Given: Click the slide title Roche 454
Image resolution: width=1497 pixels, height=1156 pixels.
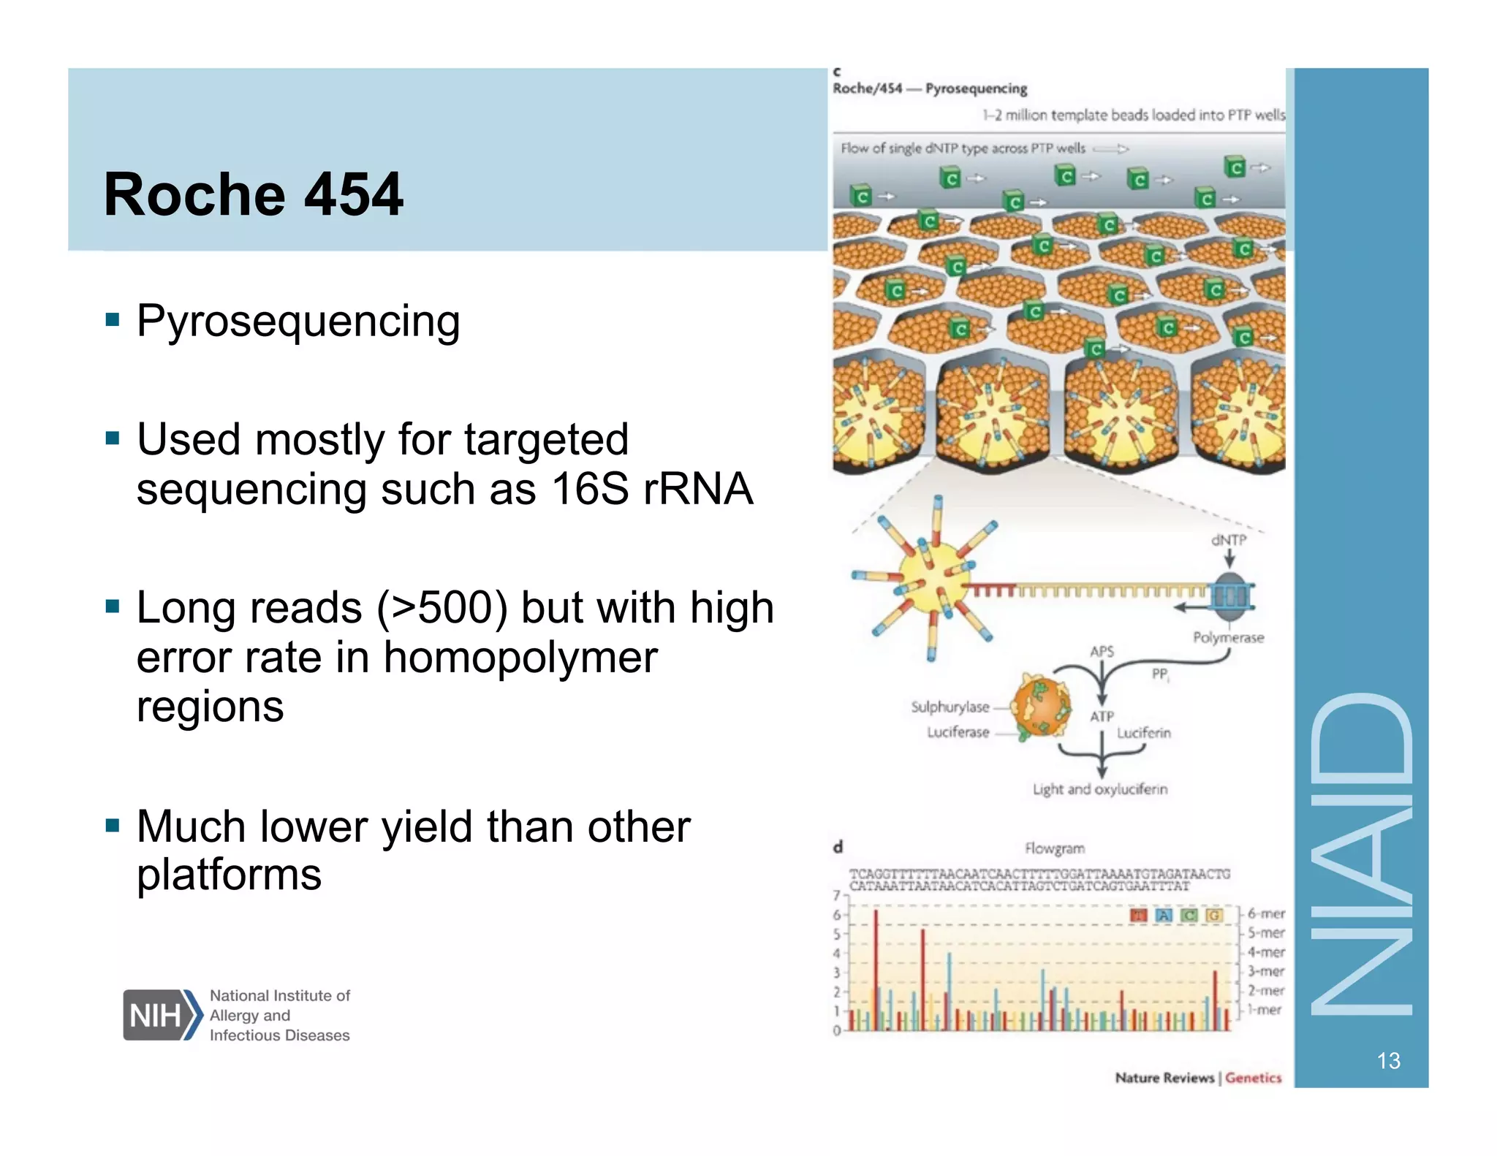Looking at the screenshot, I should point(253,194).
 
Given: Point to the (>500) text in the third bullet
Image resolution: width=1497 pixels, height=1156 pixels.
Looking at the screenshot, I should point(441,608).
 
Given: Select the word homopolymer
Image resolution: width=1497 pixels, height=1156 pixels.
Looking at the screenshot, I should point(520,657).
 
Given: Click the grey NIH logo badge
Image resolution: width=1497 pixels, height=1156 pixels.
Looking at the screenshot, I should point(156,1015).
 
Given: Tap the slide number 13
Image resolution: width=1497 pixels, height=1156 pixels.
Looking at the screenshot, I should point(1388,1060).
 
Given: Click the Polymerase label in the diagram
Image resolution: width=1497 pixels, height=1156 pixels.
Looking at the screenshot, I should point(1228,637).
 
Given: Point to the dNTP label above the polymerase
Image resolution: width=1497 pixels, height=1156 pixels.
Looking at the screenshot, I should point(1228,540).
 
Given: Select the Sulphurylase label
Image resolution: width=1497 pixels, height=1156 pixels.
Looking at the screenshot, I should point(950,707).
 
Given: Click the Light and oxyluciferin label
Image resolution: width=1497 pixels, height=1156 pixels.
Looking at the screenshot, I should point(1099,789).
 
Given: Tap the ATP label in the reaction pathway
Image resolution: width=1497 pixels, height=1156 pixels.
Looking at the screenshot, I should point(1102,716).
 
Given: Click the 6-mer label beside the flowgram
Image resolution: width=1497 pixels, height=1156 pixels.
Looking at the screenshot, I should point(1265,913).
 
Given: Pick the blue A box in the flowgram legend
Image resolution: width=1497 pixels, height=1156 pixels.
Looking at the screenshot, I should point(1164,915).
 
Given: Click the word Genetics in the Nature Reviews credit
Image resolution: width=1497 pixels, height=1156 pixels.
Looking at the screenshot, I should point(1253,1077).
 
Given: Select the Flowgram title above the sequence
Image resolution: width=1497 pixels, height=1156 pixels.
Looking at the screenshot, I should point(1054,848).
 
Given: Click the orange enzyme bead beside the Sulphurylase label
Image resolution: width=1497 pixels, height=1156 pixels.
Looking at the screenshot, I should point(1042,707).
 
